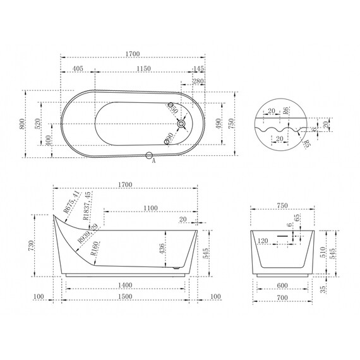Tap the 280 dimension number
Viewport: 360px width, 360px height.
click(x=198, y=81)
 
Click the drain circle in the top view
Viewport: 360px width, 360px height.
click(x=181, y=124)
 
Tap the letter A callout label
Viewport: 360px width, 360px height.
click(x=154, y=161)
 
